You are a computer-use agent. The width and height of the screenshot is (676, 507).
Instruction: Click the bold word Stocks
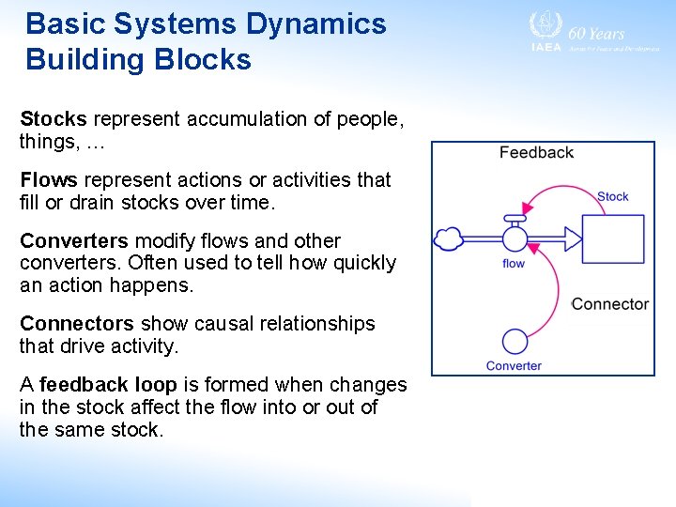(x=53, y=119)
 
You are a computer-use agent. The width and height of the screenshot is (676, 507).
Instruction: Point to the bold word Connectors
(x=76, y=323)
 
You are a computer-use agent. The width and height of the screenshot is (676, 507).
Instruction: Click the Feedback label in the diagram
(x=536, y=152)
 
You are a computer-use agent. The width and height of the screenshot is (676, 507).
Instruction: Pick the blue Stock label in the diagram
(x=612, y=196)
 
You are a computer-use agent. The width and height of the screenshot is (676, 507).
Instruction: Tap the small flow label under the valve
(x=514, y=264)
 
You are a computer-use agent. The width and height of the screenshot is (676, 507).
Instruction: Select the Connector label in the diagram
(x=609, y=304)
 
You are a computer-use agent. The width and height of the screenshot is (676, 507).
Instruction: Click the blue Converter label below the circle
(x=514, y=366)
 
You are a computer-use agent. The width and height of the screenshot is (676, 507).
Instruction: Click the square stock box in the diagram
(x=612, y=238)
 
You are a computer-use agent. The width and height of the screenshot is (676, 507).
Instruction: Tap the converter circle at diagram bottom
(x=515, y=341)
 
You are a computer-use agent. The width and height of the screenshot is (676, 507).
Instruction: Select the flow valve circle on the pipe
(x=515, y=238)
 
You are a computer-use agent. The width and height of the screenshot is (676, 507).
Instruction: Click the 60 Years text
(x=596, y=33)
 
